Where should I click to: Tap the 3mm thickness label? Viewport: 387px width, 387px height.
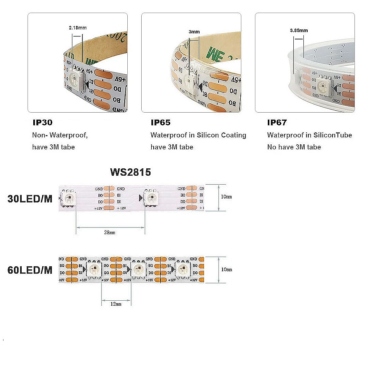point(194,32)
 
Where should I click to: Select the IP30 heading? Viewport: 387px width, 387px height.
point(43,123)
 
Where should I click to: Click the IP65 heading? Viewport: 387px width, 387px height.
point(160,123)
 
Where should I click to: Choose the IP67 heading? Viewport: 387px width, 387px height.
point(277,123)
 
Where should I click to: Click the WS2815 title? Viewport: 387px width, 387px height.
point(130,172)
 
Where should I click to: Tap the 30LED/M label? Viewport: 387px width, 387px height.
point(30,199)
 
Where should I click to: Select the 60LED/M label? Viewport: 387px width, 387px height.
point(30,270)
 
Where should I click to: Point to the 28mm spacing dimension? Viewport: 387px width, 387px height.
point(110,233)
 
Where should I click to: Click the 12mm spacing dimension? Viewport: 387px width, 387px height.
point(116,304)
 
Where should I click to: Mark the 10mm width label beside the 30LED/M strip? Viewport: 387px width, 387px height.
point(226,197)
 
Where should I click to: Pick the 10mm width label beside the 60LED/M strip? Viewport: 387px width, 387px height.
point(226,269)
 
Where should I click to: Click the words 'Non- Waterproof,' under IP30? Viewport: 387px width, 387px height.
point(60,135)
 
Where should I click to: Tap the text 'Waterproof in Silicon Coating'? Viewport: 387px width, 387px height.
point(198,135)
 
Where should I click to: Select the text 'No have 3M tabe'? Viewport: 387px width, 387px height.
point(294,147)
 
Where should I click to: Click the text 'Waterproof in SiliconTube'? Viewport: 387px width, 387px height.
point(310,135)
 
